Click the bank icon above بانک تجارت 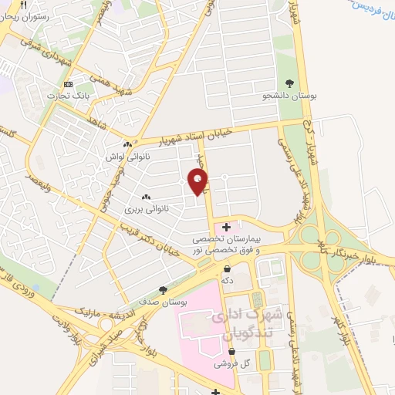tap(69, 83)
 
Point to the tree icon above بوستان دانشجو tap(289, 83)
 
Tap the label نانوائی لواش tap(127, 155)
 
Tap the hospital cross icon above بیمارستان tap(226, 226)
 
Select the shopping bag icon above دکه tap(227, 268)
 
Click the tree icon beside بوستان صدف tap(163, 290)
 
